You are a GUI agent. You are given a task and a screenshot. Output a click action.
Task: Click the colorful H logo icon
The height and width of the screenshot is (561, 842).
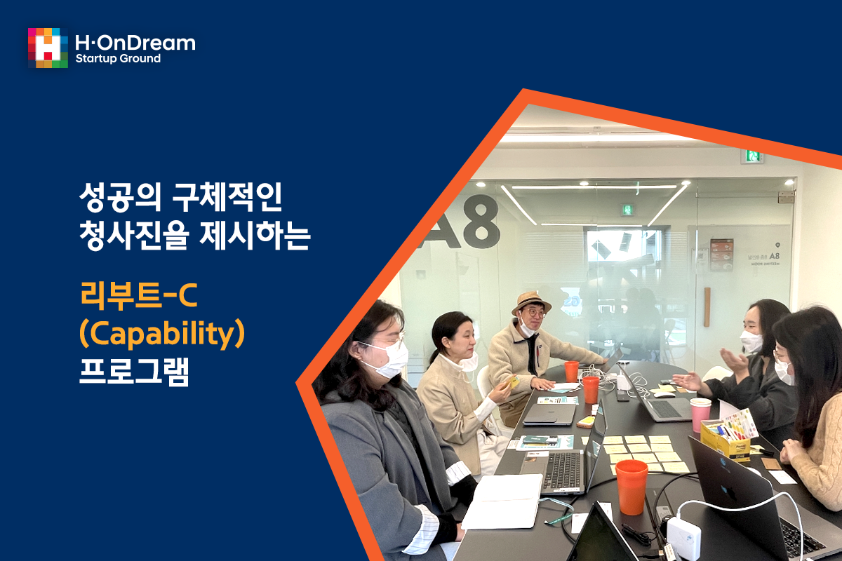(x=48, y=48)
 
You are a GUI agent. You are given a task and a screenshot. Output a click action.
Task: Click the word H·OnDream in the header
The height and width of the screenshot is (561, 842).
(x=135, y=43)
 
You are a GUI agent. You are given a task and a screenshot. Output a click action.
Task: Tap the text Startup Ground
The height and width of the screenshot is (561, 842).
(x=118, y=59)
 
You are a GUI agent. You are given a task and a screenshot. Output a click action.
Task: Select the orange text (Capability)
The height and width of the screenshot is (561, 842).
(x=162, y=334)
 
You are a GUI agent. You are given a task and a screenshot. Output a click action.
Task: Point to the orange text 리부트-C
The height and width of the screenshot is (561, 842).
(x=139, y=296)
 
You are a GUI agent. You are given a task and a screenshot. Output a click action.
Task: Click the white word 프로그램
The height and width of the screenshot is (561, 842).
(x=134, y=372)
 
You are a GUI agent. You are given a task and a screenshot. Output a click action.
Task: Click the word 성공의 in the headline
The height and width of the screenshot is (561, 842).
(x=120, y=197)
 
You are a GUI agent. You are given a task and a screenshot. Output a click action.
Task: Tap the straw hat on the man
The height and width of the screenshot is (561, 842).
(x=531, y=302)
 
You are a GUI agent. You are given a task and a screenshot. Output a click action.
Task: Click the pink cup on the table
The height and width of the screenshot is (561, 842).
(x=700, y=414)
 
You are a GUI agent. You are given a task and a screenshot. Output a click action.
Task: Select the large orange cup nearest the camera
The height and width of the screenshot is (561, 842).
(x=631, y=487)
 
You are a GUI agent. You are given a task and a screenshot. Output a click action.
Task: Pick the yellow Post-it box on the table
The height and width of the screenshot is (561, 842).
(x=724, y=440)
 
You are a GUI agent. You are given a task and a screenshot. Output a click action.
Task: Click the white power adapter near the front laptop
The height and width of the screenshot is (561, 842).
(x=683, y=536)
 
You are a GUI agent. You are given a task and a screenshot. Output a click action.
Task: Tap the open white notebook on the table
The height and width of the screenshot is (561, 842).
(x=502, y=501)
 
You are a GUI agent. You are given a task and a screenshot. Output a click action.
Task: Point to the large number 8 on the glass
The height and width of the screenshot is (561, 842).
(x=481, y=222)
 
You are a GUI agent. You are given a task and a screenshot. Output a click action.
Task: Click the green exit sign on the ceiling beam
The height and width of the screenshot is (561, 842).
(x=752, y=156)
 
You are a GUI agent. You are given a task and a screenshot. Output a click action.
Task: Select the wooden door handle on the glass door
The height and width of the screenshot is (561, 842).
(x=707, y=306)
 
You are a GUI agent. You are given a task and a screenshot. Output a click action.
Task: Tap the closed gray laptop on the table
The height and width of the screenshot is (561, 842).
(x=549, y=414)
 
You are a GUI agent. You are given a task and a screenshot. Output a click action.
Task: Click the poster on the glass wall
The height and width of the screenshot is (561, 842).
(x=721, y=255)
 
